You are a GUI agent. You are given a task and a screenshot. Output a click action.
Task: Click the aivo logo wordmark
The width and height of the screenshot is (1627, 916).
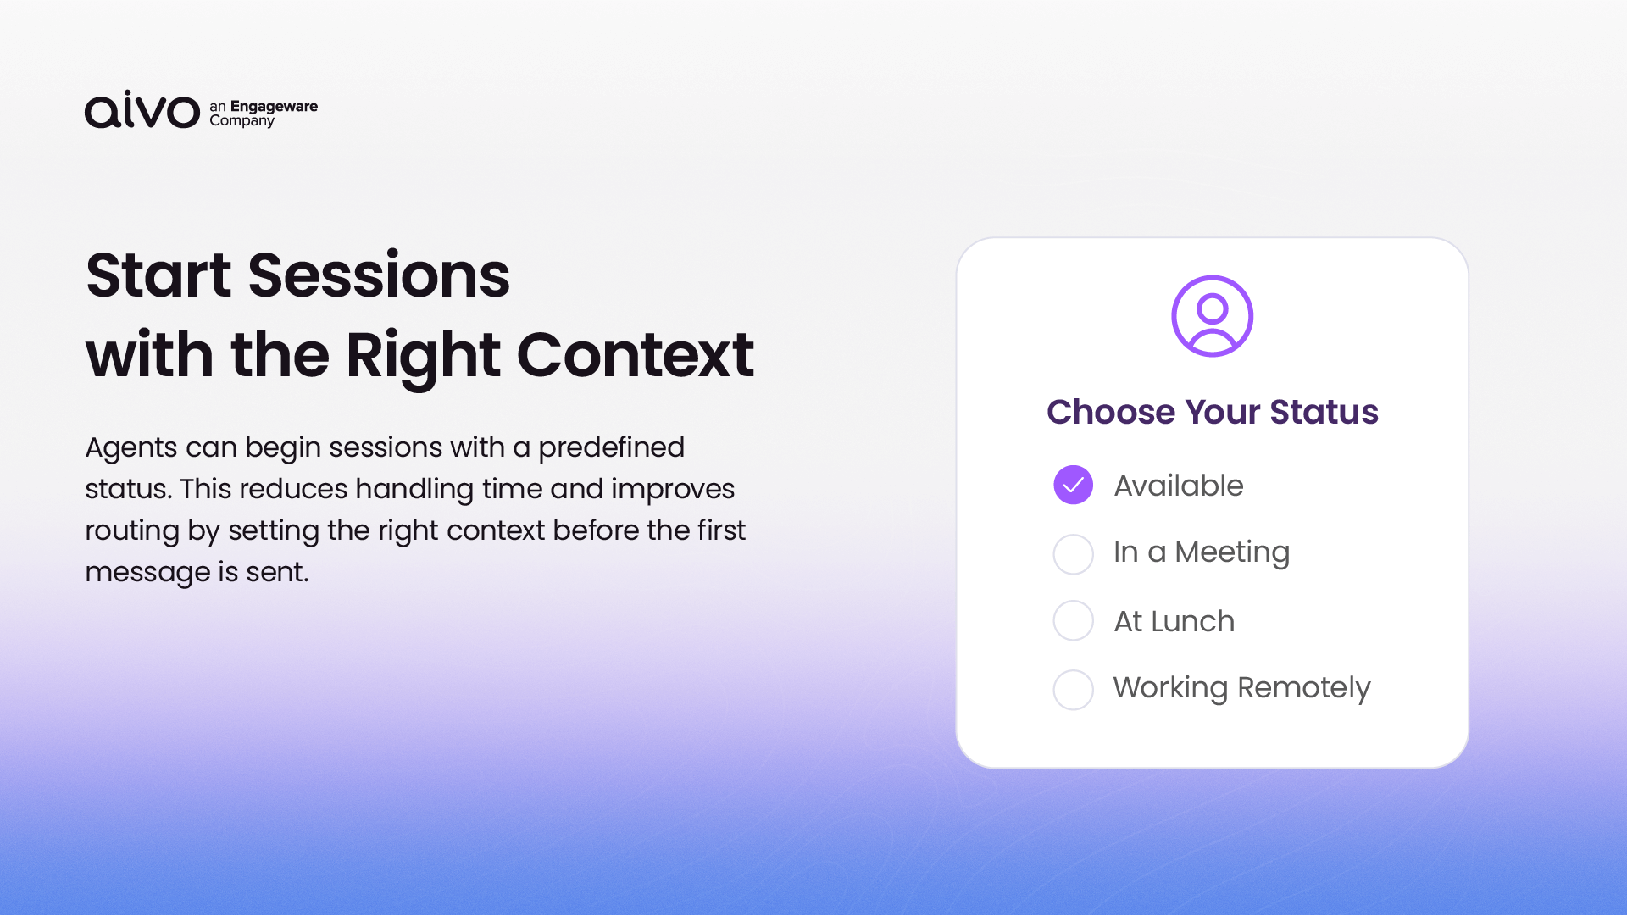142,109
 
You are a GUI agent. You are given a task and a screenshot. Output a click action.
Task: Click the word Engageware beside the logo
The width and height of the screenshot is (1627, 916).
274,107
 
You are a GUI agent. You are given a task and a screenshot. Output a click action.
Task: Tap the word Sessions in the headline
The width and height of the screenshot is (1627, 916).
379,275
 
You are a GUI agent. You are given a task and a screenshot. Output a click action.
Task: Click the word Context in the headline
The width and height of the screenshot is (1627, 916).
636,354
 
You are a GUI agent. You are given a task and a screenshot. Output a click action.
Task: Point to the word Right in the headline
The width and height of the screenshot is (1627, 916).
423,357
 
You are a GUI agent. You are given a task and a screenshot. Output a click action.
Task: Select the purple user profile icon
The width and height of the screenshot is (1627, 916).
1212,316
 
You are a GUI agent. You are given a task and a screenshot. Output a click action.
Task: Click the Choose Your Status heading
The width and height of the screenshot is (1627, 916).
1213,412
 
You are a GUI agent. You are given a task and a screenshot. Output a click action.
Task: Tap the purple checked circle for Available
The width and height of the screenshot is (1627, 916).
1073,485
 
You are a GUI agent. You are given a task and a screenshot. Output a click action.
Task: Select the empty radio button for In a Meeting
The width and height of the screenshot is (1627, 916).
1073,554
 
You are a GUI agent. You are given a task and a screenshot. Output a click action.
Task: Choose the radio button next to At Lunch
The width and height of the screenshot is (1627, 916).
1073,620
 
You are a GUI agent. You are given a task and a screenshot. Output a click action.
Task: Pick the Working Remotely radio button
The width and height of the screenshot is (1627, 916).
1073,690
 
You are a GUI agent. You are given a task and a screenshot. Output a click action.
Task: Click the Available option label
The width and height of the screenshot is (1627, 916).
1179,486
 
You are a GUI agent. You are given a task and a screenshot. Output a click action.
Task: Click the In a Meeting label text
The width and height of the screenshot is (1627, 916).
1202,553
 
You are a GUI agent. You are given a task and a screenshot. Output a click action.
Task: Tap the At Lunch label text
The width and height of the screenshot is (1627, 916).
1174,621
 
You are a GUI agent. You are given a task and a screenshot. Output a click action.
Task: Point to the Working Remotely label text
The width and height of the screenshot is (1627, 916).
1241,688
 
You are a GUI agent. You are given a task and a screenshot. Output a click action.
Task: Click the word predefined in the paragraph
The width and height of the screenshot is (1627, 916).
611,448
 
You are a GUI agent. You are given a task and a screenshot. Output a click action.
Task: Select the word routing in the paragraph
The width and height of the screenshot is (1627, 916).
132,531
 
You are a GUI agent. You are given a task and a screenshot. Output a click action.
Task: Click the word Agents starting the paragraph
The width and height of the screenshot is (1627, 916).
131,448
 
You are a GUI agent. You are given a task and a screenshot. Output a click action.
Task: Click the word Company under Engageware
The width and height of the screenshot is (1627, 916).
242,121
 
